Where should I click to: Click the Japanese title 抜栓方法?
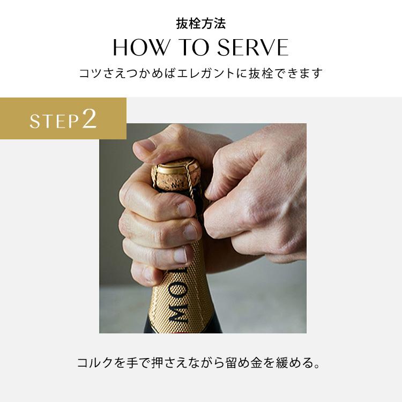tap(201, 24)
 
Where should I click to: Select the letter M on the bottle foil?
tap(177, 314)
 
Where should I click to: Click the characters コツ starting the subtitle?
tap(87, 73)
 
